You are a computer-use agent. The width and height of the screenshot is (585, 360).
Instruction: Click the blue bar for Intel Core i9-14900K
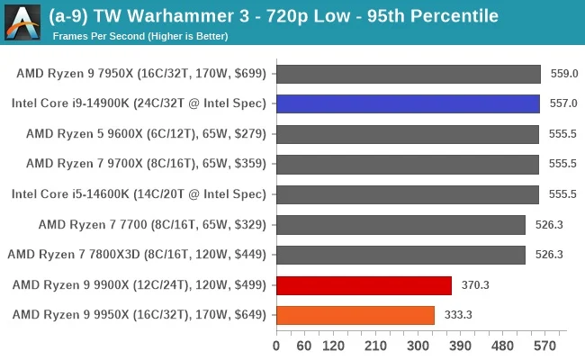[408, 103]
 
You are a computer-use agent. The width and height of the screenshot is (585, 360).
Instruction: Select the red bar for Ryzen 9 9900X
[364, 285]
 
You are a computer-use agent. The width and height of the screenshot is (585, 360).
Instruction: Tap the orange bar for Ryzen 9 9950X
[355, 315]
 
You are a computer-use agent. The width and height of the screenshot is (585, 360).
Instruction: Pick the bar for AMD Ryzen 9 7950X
[409, 74]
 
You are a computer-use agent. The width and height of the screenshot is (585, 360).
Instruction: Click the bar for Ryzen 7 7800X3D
[400, 255]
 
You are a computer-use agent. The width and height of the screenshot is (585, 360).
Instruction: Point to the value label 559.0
[563, 74]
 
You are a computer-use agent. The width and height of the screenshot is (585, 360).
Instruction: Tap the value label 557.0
[562, 103]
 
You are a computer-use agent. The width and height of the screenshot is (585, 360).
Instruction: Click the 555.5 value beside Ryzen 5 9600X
[562, 134]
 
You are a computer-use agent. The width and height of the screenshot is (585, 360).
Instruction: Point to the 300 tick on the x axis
[418, 346]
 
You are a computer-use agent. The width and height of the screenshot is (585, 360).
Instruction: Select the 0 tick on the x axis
[276, 346]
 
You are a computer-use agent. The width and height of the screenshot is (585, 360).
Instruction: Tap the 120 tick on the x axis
[333, 346]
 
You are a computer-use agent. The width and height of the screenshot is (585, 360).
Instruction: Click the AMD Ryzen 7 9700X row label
[146, 164]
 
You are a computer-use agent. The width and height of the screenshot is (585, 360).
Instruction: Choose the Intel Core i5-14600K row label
[139, 194]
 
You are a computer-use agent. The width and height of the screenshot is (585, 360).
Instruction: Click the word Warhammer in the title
[168, 16]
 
